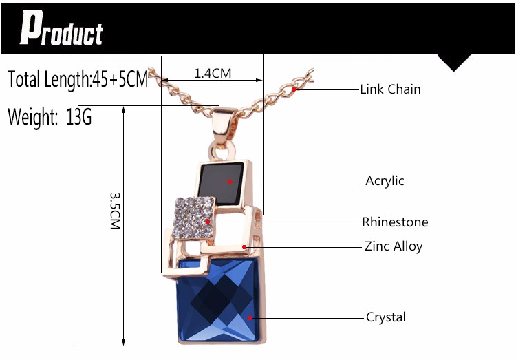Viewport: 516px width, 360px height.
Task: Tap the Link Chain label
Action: point(390,89)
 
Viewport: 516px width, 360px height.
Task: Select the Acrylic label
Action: point(385,181)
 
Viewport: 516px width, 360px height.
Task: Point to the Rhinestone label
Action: point(395,222)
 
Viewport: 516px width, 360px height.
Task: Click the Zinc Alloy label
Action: point(394,246)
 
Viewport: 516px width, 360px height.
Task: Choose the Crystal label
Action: point(386,317)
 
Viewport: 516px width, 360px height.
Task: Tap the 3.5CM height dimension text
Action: point(115,211)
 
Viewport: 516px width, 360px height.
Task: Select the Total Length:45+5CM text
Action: point(78,79)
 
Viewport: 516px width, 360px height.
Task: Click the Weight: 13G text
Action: point(50,116)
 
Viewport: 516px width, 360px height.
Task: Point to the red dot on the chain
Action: point(294,89)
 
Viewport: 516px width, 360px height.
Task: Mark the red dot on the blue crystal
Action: point(250,317)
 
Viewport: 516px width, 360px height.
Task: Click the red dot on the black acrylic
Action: point(229,181)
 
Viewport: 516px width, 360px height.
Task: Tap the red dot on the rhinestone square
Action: point(208,222)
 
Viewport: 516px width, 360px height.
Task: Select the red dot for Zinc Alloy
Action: point(244,246)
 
